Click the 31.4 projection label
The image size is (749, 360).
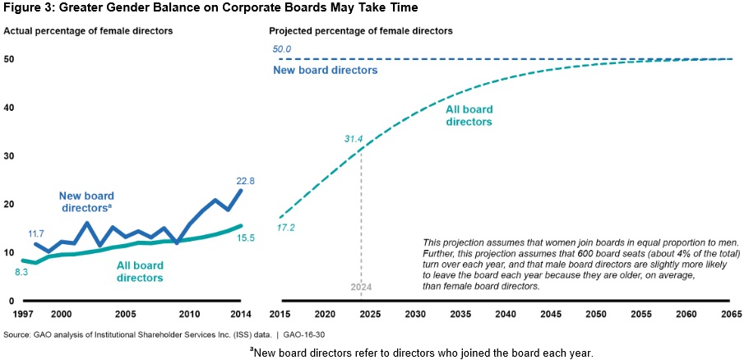pyautogui.click(x=354, y=139)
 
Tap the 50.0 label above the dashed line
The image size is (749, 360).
pyautogui.click(x=283, y=49)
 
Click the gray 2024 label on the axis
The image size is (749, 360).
pyautogui.click(x=362, y=288)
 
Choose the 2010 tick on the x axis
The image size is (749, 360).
pyautogui.click(x=190, y=314)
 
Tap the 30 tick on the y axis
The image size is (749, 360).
pyautogui.click(x=10, y=155)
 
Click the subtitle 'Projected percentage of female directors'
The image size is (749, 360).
pyautogui.click(x=361, y=30)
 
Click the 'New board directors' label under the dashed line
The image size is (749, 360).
pyautogui.click(x=326, y=71)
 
